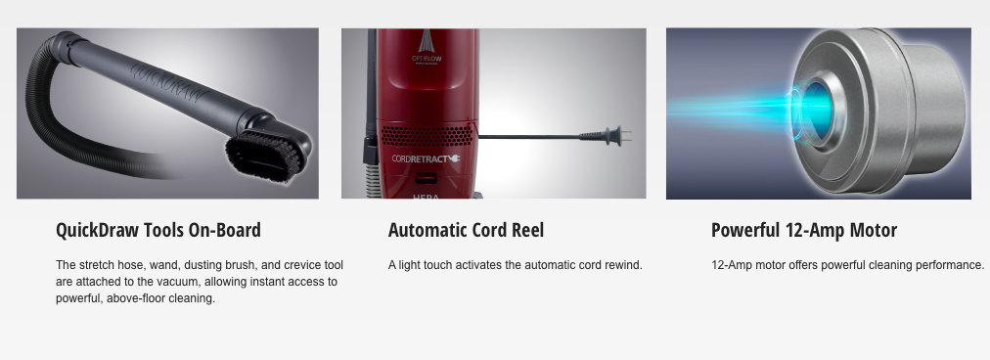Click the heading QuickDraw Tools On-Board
coord(158,231)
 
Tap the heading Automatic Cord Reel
coord(466,231)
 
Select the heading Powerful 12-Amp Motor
coord(803,231)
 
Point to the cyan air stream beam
coord(724,108)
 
